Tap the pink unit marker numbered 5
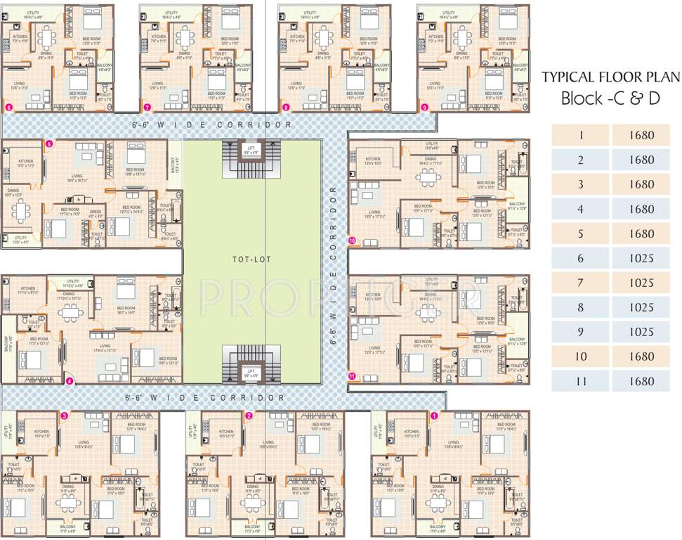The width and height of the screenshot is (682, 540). click(x=49, y=144)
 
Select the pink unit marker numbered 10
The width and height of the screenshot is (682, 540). click(x=352, y=240)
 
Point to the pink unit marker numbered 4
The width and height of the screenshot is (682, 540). click(x=69, y=382)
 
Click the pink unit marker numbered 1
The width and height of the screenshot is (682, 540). click(x=434, y=416)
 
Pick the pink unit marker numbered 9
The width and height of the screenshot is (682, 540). click(x=424, y=108)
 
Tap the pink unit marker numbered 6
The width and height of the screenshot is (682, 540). click(x=8, y=108)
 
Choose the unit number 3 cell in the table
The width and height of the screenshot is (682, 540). click(x=581, y=184)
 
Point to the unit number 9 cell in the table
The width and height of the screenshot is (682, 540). click(x=581, y=332)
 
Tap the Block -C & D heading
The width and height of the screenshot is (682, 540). click(x=610, y=98)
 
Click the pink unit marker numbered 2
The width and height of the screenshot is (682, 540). click(x=249, y=416)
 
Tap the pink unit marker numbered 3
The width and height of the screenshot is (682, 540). click(x=64, y=416)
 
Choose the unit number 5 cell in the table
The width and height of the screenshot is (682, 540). click(x=581, y=233)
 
